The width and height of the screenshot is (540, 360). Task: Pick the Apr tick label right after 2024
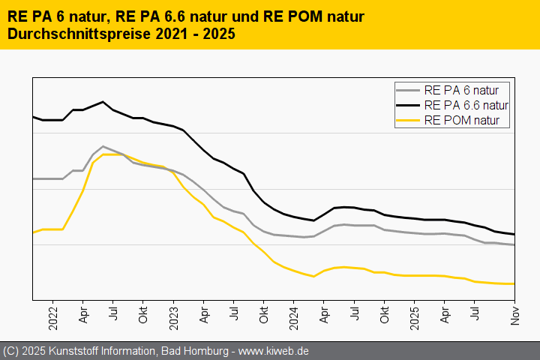324,314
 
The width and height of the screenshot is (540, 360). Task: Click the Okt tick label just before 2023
143,314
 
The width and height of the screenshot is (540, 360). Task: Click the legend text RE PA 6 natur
466,90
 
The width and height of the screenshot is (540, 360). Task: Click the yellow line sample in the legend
408,120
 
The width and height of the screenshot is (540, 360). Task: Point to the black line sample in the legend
408,105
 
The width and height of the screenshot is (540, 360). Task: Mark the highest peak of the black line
103,101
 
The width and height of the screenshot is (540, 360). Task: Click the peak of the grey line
103,146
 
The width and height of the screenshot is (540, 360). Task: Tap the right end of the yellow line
514,283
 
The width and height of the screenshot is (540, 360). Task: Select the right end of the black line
514,234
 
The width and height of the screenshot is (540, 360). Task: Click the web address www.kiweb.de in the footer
274,351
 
